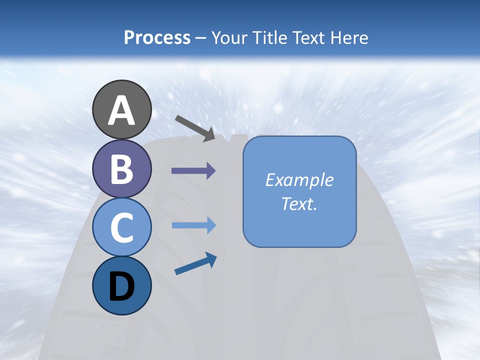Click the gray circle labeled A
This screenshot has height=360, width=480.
click(121, 109)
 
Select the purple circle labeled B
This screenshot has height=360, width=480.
click(121, 168)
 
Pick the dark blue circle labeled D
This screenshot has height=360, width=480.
click(121, 286)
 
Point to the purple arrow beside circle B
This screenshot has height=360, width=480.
click(193, 171)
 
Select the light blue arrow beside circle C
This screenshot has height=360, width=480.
click(193, 225)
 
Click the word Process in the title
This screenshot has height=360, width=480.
click(157, 37)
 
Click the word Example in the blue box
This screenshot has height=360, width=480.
click(299, 180)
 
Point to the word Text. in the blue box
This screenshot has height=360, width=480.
click(299, 203)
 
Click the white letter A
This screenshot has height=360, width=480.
click(121, 110)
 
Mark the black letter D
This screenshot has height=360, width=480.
click(121, 287)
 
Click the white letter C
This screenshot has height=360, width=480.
click(121, 227)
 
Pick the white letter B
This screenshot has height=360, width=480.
click(121, 169)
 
